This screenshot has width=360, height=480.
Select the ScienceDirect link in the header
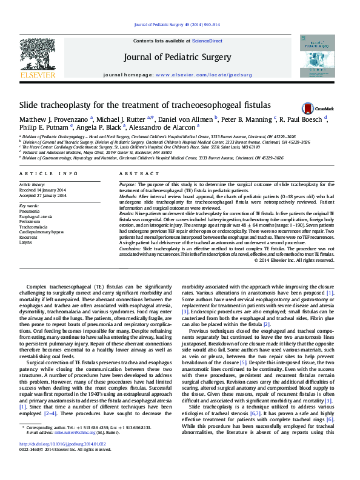(x=207, y=41)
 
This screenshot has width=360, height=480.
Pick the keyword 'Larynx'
(x=25, y=242)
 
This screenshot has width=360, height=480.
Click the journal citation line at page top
(x=180, y=25)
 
